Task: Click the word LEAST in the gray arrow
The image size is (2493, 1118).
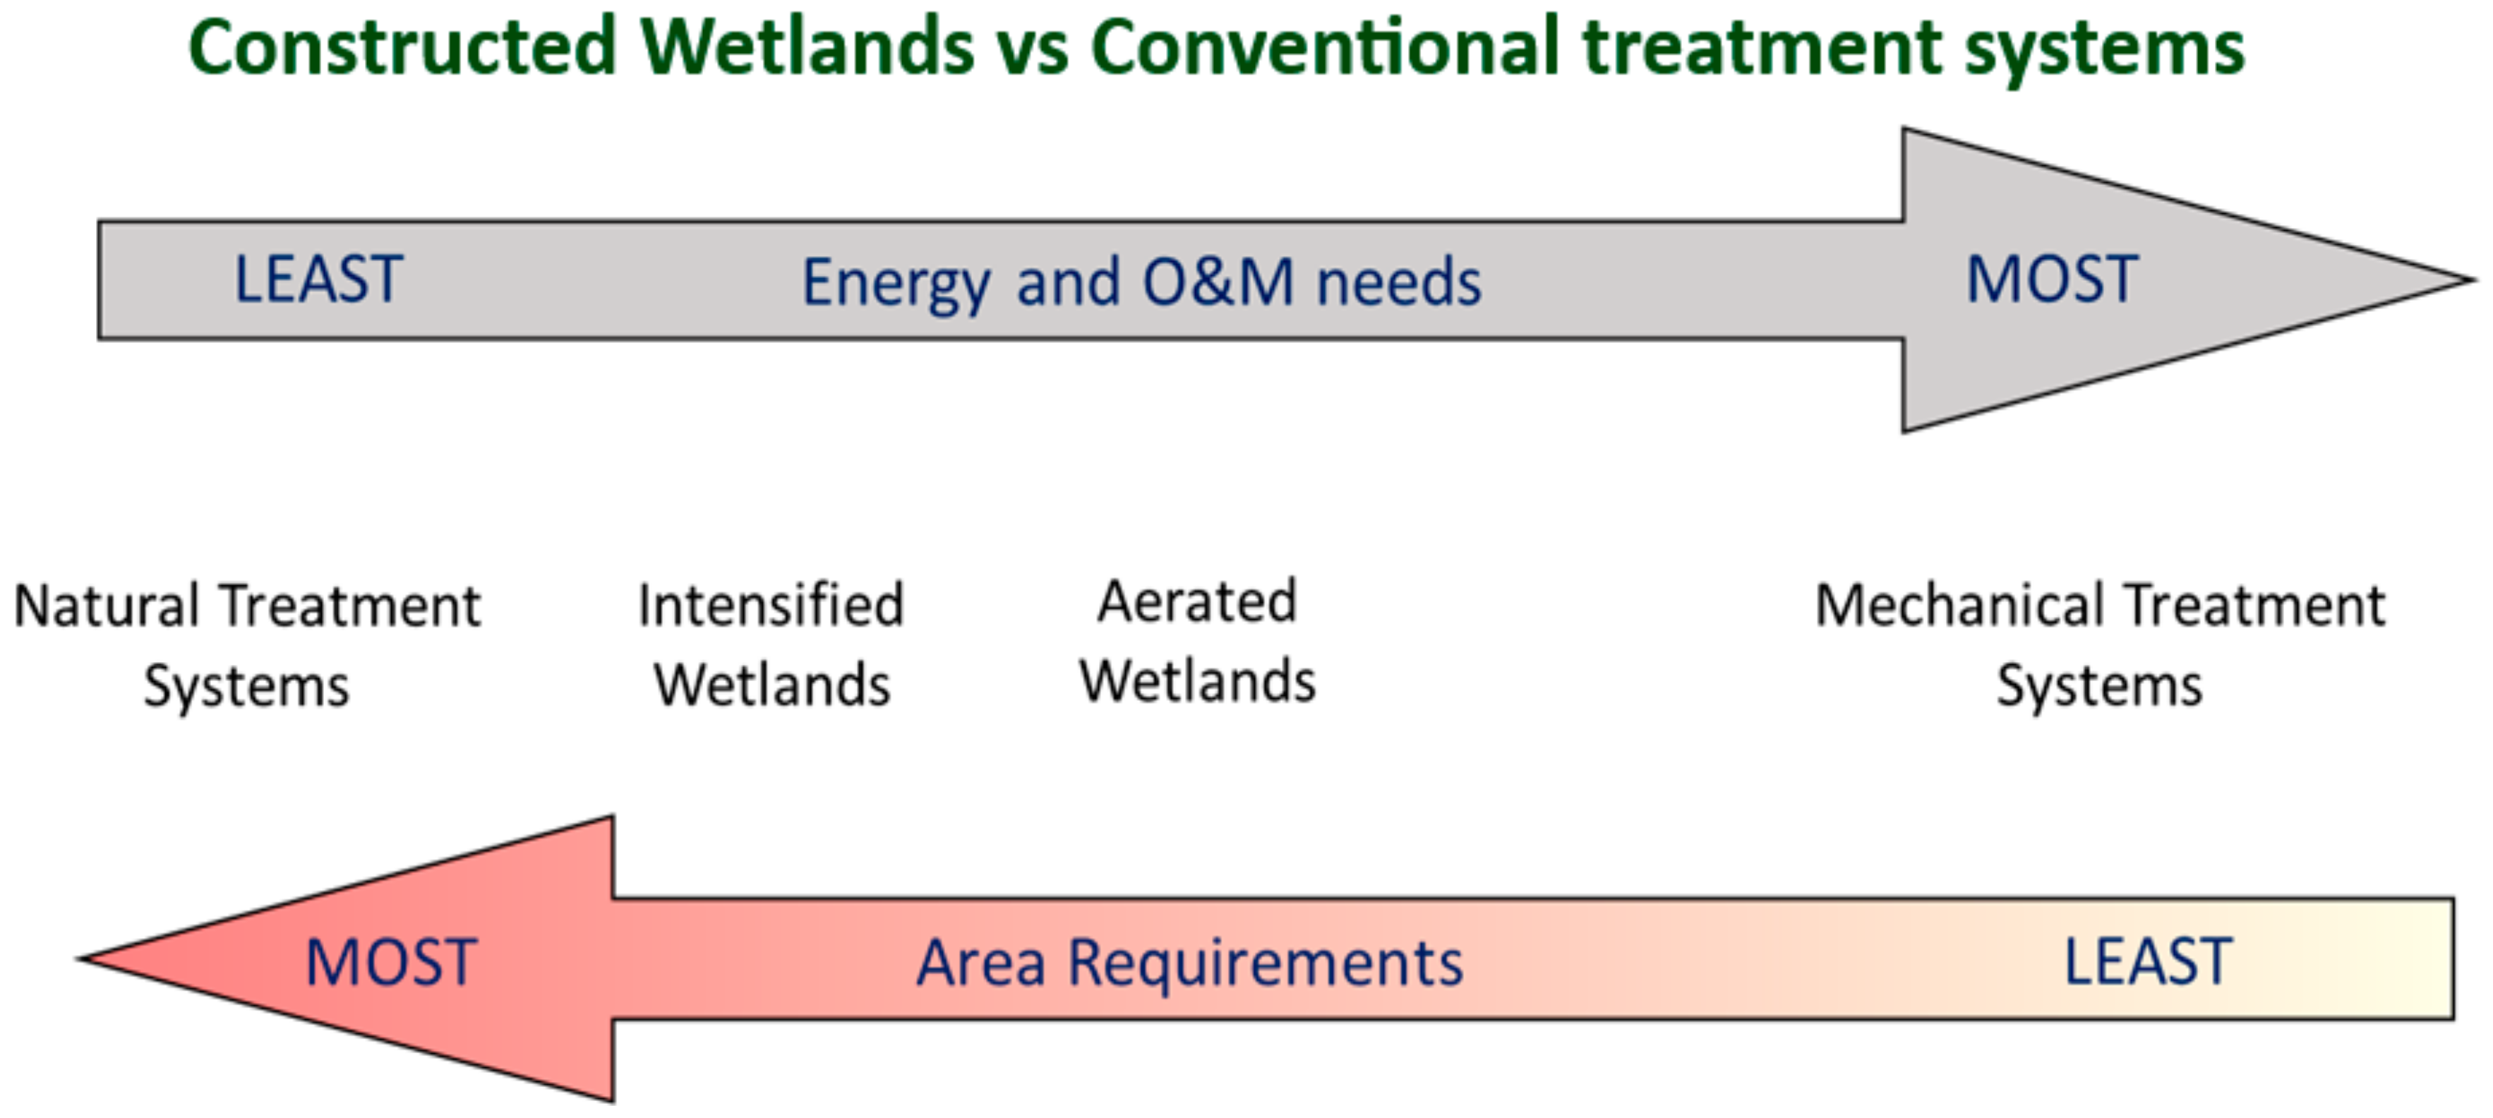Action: [x=318, y=279]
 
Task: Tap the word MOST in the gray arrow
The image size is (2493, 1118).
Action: [x=2052, y=279]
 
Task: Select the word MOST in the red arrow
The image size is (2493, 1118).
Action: [x=391, y=963]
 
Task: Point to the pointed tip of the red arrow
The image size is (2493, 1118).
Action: [x=79, y=959]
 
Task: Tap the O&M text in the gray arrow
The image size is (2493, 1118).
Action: [x=1218, y=282]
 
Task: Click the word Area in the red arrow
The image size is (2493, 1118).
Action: [x=981, y=964]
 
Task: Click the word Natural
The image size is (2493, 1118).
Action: [x=107, y=607]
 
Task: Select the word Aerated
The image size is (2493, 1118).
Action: [x=1197, y=601]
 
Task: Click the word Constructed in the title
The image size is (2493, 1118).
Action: [x=402, y=47]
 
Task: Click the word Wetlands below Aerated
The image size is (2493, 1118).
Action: [x=1198, y=680]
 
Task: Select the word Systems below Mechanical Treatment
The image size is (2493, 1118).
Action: [x=2100, y=686]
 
